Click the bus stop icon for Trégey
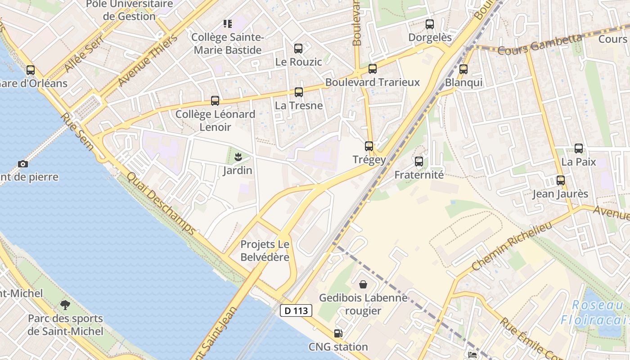[x=369, y=146]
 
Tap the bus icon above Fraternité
[x=419, y=162]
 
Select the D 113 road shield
[x=296, y=310]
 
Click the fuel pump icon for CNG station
[x=338, y=333]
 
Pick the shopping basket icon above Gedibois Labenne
[x=363, y=284]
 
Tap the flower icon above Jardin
[x=238, y=157]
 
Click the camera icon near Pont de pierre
[x=23, y=164]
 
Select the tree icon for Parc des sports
[x=65, y=305]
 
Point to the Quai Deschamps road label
[x=162, y=204]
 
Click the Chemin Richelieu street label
[x=512, y=246]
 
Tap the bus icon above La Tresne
[x=299, y=92]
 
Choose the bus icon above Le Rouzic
[x=298, y=49]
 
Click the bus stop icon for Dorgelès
[x=430, y=24]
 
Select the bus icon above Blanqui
[x=463, y=69]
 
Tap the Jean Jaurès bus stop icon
[x=560, y=180]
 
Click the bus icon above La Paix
[x=579, y=148]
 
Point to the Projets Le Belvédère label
[x=265, y=251]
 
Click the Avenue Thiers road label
[x=148, y=60]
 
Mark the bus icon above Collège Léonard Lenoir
[x=215, y=101]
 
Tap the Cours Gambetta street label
[x=540, y=44]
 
